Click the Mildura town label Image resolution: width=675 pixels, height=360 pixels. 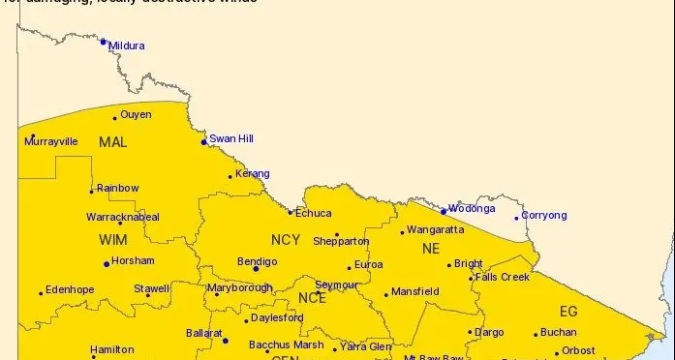[126, 45]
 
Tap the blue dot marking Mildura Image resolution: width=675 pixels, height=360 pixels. [104, 42]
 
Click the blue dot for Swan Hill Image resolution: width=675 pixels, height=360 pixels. [204, 142]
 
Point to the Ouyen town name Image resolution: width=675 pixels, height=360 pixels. [136, 114]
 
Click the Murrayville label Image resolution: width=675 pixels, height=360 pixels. [50, 141]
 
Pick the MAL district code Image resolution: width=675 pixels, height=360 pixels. [112, 142]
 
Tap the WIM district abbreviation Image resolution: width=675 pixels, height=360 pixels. [113, 238]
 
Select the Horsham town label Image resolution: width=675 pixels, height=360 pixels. [133, 260]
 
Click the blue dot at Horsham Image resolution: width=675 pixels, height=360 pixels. [107, 263]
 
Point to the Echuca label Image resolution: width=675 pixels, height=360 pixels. [313, 213]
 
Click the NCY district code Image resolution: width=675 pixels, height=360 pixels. [286, 238]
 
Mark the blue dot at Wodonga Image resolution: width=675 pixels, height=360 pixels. [444, 211]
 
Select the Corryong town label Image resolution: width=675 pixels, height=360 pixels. [544, 215]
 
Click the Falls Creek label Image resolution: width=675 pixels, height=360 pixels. [503, 277]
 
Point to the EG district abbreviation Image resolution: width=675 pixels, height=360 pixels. [568, 311]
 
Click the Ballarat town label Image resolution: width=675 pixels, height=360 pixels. [204, 333]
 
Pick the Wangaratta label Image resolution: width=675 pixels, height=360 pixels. [436, 229]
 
